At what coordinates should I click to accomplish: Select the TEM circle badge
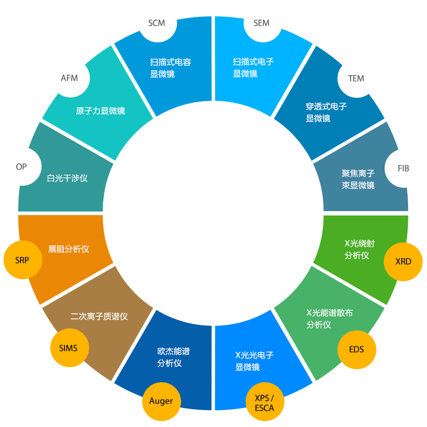pyautogui.click(x=356, y=78)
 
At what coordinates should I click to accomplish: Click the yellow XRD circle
pyautogui.click(x=403, y=261)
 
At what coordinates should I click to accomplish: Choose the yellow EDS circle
pyautogui.click(x=356, y=349)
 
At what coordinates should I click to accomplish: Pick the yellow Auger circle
pyautogui.click(x=161, y=401)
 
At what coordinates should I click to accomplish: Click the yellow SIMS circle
pyautogui.click(x=69, y=349)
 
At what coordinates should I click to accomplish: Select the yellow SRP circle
pyautogui.click(x=23, y=260)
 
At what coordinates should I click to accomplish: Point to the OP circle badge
pyautogui.click(x=23, y=167)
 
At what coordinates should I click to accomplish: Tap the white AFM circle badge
pyautogui.click(x=70, y=78)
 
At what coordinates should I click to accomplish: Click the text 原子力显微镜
pyautogui.click(x=101, y=111)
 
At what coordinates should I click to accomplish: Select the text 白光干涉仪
pyautogui.click(x=67, y=178)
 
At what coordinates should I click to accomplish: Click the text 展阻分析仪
pyautogui.click(x=69, y=249)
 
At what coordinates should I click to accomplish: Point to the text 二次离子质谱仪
pyautogui.click(x=99, y=316)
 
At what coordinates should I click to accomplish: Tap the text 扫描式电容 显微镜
pyautogui.click(x=170, y=68)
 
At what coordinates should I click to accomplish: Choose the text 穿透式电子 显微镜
pyautogui.click(x=326, y=112)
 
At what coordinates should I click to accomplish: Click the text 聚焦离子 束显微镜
pyautogui.click(x=358, y=179)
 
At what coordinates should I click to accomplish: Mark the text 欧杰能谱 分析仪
pyautogui.click(x=173, y=357)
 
